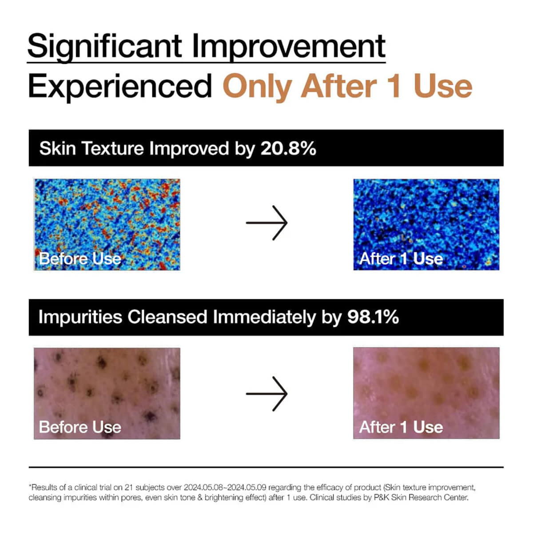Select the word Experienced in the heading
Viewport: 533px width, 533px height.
(120, 87)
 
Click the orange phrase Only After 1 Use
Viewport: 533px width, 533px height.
(347, 87)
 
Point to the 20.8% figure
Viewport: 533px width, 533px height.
(288, 148)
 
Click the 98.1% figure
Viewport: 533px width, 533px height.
(373, 317)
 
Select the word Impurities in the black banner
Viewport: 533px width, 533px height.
(80, 317)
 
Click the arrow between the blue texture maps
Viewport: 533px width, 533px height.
(267, 223)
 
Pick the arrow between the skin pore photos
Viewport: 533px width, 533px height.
(267, 394)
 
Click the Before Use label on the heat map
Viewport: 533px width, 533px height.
(80, 259)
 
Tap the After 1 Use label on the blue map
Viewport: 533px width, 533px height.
(401, 259)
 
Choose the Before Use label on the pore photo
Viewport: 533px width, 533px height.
(80, 427)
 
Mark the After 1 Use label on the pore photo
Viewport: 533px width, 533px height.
(401, 427)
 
